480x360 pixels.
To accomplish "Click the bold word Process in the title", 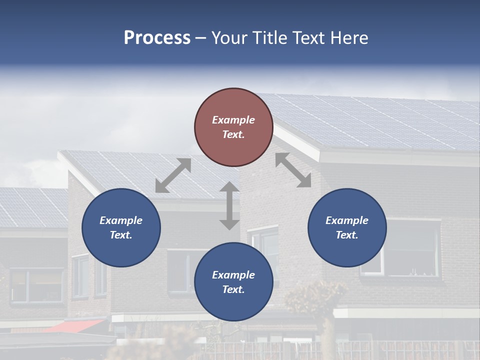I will tap(157, 38).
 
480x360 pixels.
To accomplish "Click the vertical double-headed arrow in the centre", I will tap(229, 205).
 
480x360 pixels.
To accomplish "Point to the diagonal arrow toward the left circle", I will tap(173, 175).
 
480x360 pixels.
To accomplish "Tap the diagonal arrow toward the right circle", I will tap(293, 170).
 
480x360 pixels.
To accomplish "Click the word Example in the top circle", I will tap(233, 120).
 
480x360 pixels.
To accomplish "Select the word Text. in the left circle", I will tap(121, 235).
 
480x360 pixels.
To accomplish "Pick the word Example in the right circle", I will tap(347, 220).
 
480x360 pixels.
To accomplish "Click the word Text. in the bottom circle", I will tap(233, 289).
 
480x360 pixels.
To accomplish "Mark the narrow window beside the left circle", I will tap(80, 275).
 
